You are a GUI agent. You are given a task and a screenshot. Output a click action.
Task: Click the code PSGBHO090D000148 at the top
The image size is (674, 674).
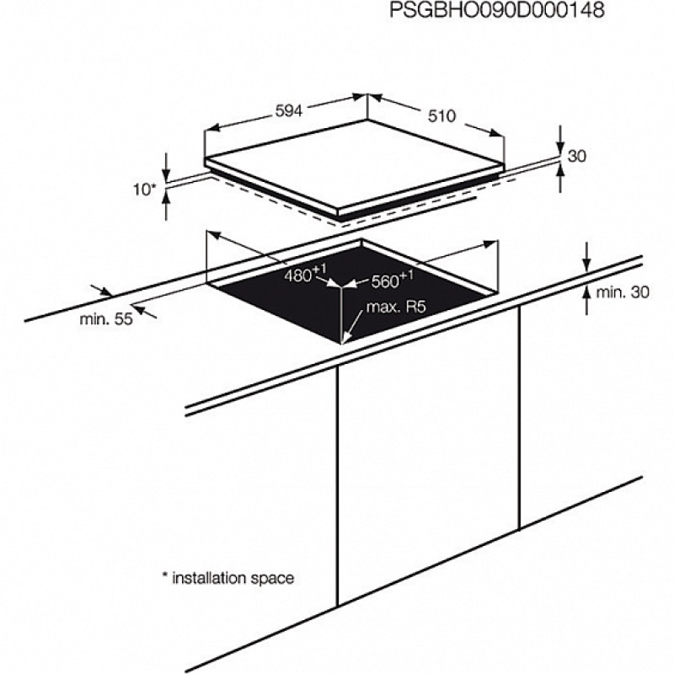click(496, 10)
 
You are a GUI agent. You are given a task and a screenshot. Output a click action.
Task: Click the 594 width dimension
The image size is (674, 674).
click(289, 111)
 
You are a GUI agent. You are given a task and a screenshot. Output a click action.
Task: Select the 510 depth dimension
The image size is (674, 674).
click(441, 115)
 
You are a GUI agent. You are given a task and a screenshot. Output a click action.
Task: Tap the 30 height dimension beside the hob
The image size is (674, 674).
click(576, 156)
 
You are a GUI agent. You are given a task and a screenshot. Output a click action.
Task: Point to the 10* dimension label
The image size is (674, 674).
click(143, 189)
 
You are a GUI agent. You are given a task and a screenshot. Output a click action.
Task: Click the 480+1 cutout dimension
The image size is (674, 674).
click(305, 273)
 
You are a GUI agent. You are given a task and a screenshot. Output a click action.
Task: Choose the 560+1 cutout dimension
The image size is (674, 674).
click(392, 280)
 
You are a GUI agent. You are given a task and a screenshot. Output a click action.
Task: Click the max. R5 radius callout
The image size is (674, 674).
click(396, 308)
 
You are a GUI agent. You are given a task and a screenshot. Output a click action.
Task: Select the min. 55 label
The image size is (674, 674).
click(106, 319)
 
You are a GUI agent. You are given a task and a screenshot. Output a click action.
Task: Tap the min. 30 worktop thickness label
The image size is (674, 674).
click(622, 292)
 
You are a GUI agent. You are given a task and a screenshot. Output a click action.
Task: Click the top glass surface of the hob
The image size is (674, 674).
click(354, 164)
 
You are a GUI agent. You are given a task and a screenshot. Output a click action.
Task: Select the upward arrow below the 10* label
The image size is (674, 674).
click(166, 206)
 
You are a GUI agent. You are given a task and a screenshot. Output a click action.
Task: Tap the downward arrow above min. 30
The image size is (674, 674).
click(586, 257)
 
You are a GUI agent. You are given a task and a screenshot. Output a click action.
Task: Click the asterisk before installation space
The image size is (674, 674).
click(164, 575)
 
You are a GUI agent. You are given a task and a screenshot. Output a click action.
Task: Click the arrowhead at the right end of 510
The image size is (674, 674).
click(495, 133)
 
